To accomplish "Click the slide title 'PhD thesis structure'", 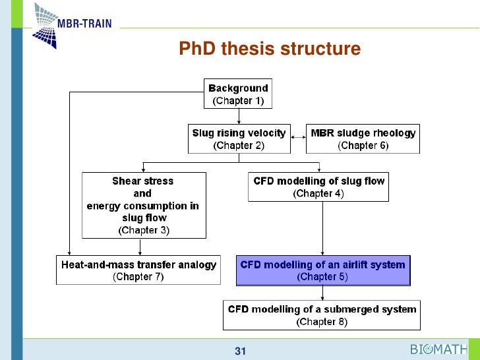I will point(270,49).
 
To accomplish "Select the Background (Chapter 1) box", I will point(238,94).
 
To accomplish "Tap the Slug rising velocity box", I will point(239,139).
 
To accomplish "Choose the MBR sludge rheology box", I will point(363,139).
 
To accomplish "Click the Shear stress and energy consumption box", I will point(143,205).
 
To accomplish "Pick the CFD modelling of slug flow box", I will point(319,187).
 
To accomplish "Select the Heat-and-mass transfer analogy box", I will point(138,270).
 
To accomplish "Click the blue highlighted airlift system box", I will point(322,270).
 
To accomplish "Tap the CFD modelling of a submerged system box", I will point(322,315).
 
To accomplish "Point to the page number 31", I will point(240,351).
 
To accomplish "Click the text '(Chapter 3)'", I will point(143,230).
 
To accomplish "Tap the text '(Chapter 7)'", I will point(138,277).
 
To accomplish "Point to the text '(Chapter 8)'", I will point(322,322).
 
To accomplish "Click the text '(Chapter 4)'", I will point(319,193).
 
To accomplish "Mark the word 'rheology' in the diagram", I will point(394,133).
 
